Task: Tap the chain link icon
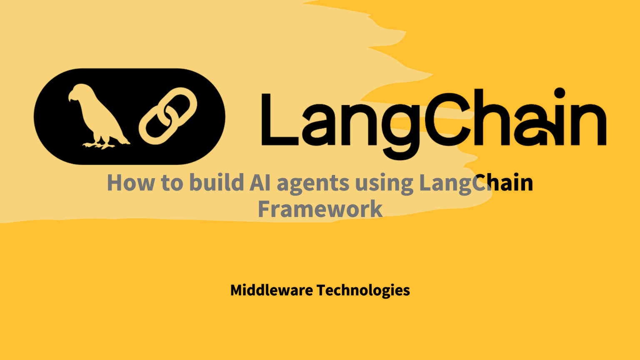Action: (x=168, y=115)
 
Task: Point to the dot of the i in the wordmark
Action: (x=560, y=92)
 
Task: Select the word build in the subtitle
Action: (x=217, y=183)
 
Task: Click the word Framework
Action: (x=320, y=209)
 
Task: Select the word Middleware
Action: (x=271, y=290)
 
